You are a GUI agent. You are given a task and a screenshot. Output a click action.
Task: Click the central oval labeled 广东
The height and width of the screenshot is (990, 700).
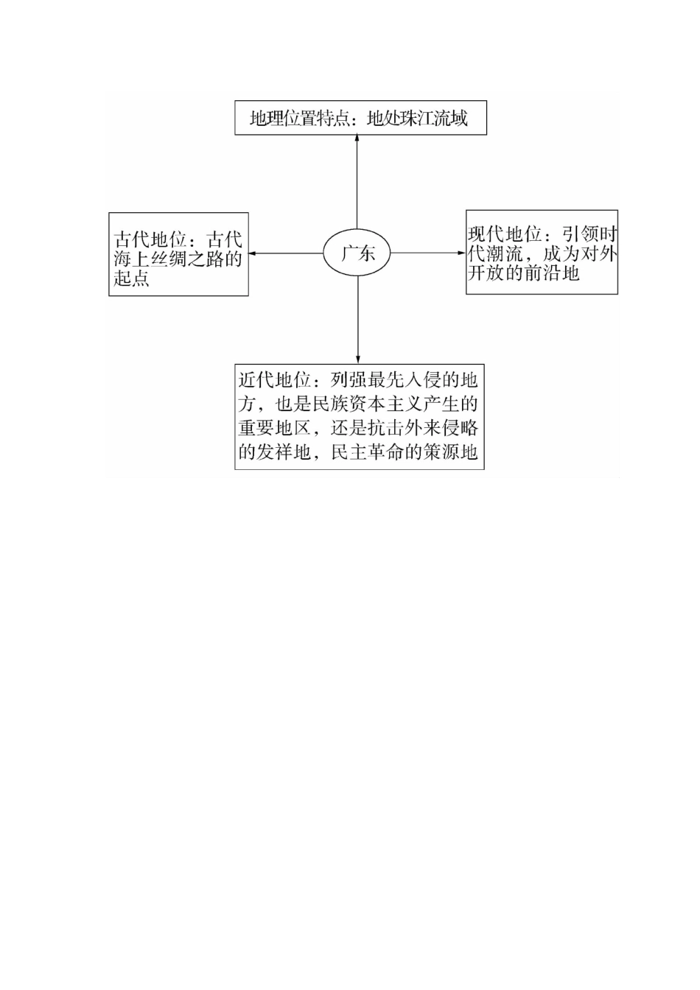tap(357, 253)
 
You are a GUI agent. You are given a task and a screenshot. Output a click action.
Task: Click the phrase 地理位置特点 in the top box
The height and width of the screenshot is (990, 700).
tap(298, 118)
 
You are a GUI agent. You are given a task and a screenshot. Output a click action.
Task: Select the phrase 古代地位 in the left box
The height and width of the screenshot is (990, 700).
tap(150, 240)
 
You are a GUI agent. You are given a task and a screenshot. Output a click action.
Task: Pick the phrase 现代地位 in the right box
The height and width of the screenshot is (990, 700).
tap(505, 234)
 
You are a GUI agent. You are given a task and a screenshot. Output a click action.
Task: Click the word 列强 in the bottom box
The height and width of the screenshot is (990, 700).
tap(349, 381)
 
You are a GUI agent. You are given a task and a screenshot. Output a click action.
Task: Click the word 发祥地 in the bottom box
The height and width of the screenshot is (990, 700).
tap(284, 452)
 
